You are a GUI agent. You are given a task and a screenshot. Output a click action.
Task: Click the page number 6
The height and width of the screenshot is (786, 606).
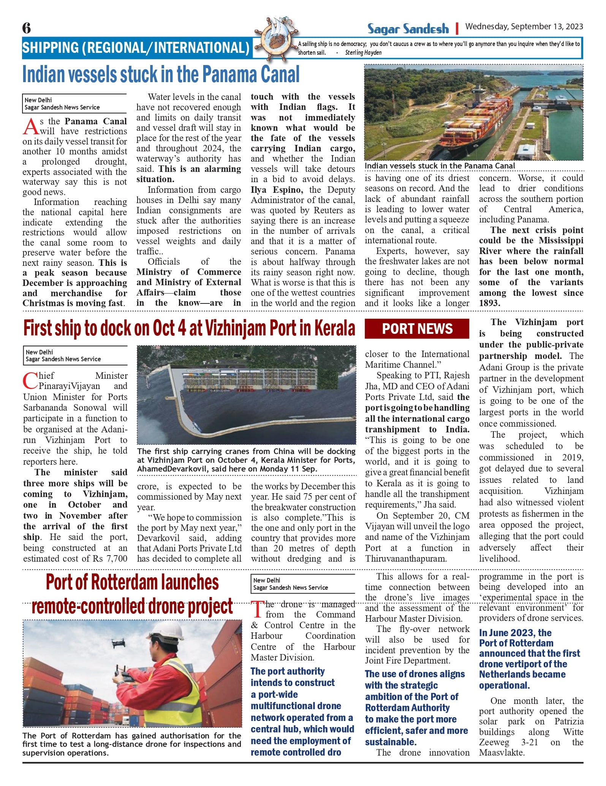click(27, 28)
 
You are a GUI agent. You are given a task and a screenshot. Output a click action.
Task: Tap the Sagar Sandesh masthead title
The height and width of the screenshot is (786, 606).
click(408, 29)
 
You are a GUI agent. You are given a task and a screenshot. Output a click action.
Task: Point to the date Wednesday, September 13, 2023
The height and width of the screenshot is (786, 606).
click(524, 27)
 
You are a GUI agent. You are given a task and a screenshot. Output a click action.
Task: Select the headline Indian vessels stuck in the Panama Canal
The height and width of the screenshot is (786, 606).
click(161, 75)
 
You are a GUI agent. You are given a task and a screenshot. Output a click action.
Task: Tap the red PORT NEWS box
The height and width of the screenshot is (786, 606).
click(417, 329)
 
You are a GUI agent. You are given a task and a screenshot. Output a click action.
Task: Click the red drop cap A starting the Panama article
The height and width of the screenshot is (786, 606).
click(30, 127)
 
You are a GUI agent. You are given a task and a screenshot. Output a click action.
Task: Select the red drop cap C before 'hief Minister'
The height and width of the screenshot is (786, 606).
click(30, 381)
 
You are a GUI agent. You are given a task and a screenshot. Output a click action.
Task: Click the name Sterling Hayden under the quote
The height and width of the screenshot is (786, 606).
click(363, 53)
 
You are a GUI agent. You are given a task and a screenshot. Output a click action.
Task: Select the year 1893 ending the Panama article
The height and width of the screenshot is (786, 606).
click(489, 303)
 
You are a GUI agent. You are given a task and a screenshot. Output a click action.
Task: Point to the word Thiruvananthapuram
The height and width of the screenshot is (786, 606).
click(406, 559)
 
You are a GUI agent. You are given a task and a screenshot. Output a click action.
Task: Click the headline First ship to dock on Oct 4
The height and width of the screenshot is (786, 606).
click(189, 329)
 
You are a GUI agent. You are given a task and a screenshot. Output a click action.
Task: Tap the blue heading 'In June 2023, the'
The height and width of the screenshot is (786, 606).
click(515, 633)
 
